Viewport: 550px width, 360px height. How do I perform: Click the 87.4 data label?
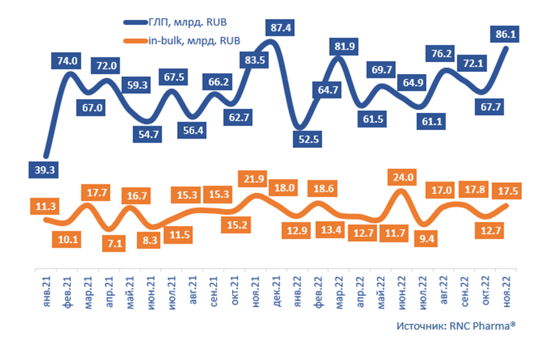(x=284, y=27)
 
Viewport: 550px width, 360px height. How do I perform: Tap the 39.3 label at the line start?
(x=42, y=170)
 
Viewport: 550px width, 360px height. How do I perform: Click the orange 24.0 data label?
(x=403, y=176)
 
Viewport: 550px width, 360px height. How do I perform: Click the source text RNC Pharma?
(x=455, y=326)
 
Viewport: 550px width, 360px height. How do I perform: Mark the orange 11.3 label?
(x=42, y=205)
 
